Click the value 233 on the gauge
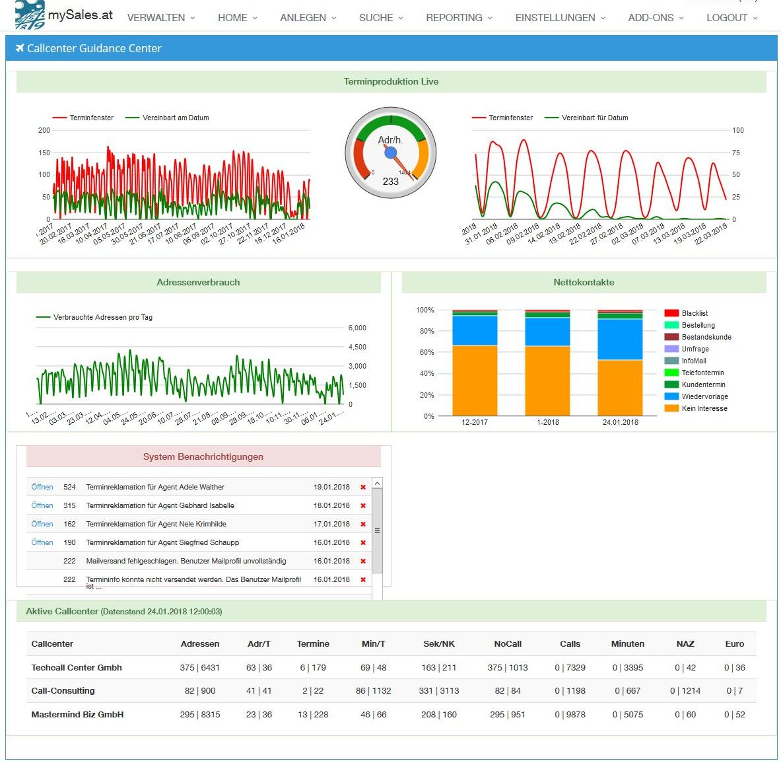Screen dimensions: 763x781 [x=391, y=181]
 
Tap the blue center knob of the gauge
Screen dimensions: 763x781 [x=391, y=153]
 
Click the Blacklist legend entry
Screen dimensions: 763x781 [x=695, y=313]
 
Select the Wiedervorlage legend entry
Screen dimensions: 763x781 [x=704, y=396]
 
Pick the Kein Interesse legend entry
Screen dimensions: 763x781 [x=704, y=408]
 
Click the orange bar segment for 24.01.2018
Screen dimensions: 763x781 [x=620, y=388]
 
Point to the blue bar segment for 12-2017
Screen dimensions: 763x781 [x=475, y=330]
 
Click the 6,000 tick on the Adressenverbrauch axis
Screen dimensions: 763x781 [x=357, y=328]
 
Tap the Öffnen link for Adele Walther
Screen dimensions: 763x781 [x=42, y=487]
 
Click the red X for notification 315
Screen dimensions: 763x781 [x=363, y=505]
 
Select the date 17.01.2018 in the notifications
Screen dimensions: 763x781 [x=331, y=524]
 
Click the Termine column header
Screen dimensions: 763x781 [x=313, y=643]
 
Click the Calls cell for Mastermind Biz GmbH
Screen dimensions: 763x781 [x=570, y=714]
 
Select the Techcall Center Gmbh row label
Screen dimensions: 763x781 [x=77, y=667]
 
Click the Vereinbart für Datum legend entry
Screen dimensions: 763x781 [x=594, y=118]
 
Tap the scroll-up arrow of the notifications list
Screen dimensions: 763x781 [x=377, y=484]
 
